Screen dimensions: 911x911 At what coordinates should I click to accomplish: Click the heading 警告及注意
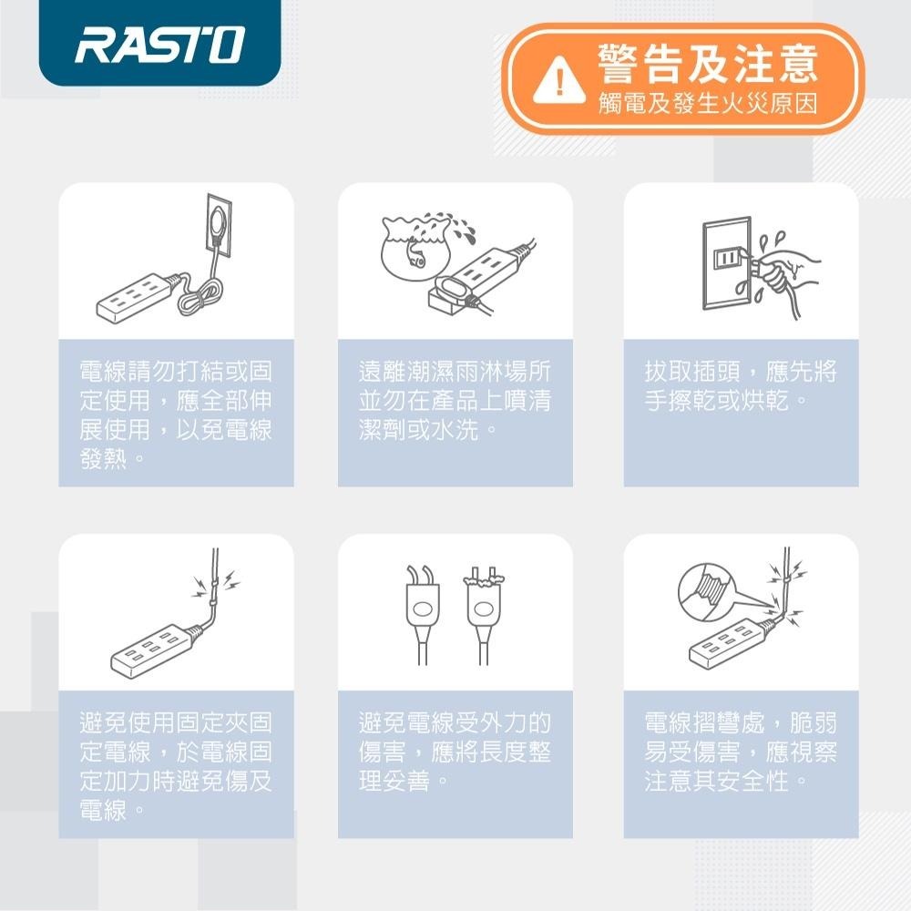tap(707, 64)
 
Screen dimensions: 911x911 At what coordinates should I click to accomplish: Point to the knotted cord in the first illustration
tap(200, 296)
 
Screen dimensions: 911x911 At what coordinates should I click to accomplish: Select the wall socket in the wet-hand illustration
tap(726, 261)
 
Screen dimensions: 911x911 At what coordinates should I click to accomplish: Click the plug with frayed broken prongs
tap(482, 606)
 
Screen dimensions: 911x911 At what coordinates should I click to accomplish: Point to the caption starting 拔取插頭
tap(740, 386)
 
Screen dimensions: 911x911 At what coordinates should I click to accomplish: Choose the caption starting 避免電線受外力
tap(455, 752)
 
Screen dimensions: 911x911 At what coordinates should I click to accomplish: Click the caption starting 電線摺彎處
tap(740, 752)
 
